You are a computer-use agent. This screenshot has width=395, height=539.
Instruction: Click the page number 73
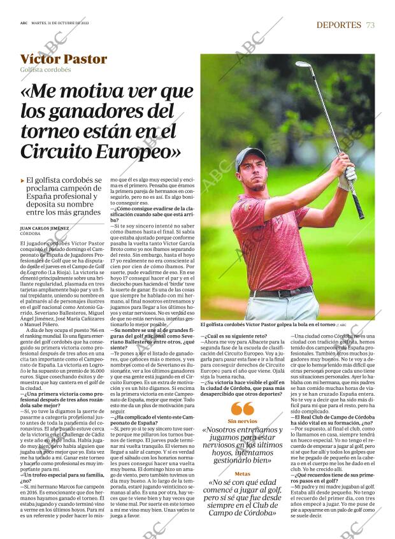(370, 25)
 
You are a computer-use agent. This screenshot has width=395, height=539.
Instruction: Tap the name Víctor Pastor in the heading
(64, 59)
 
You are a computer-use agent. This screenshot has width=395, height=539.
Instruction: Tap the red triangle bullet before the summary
(23, 181)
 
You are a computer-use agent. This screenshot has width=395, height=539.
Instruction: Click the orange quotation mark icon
(242, 409)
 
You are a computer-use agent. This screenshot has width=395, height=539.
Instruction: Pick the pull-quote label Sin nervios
(242, 422)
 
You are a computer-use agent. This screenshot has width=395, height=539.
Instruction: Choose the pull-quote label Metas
(242, 474)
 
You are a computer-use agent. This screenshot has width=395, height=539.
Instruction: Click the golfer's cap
(250, 157)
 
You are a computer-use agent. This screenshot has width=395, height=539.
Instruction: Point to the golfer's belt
(280, 292)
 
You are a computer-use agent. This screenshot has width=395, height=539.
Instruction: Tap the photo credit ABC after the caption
(342, 324)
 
